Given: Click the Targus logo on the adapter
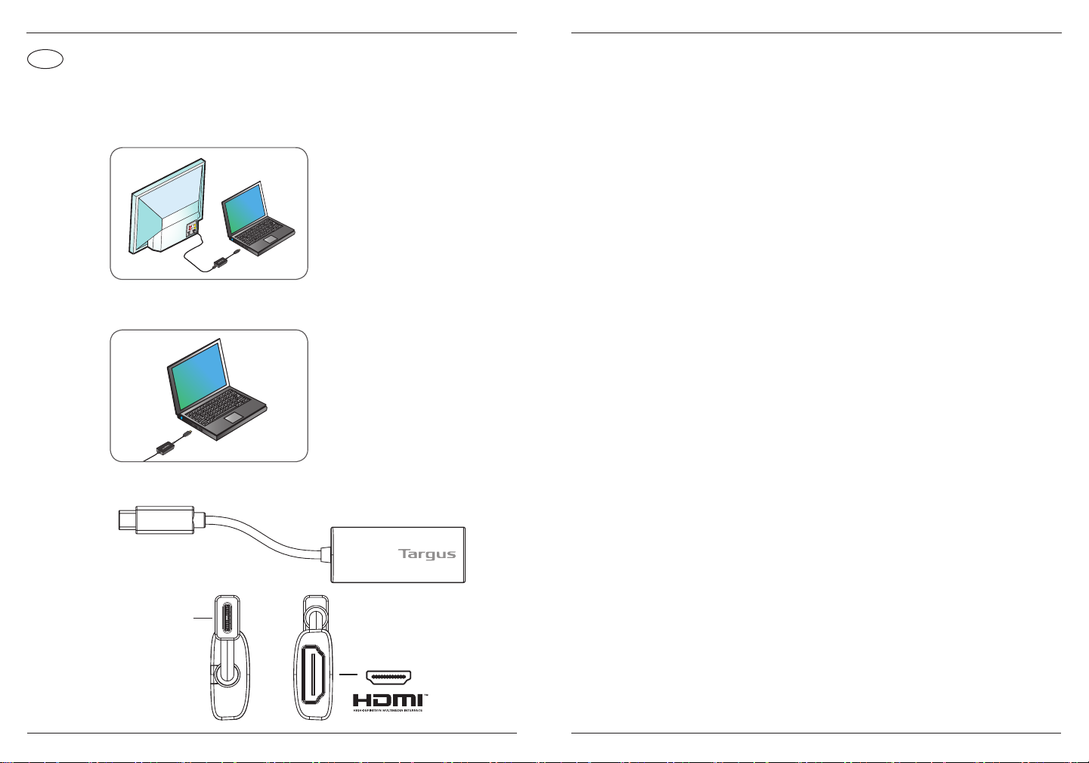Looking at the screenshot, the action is (427, 554).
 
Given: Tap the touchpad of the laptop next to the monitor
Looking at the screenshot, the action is (268, 240).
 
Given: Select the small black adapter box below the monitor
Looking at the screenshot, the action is (222, 262).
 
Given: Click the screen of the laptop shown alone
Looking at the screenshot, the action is (198, 371).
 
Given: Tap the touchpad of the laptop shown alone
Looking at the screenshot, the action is (234, 417).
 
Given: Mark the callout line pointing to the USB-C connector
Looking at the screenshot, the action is (203, 619).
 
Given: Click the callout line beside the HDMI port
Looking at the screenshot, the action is (348, 674).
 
